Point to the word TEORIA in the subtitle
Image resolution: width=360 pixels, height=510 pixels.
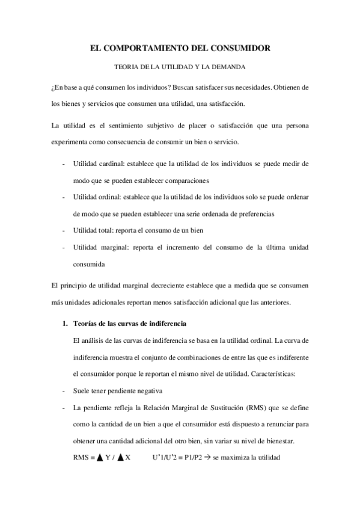(126, 67)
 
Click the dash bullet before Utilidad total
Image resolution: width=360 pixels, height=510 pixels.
(64, 230)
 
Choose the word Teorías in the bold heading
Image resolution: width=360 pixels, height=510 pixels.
(87, 324)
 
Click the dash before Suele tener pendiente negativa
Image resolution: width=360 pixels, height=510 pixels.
(64, 390)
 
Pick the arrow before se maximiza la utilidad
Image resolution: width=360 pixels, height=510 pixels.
(206, 457)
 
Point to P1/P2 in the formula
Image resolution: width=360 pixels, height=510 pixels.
(189, 457)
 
